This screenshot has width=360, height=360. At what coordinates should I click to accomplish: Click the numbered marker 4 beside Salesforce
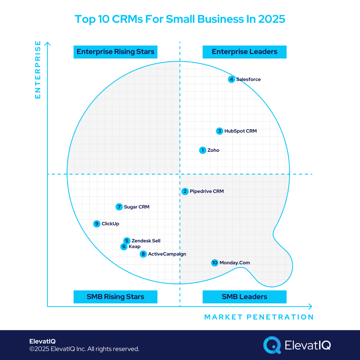[231, 79]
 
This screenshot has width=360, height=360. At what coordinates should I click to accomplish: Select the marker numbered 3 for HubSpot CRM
[220, 131]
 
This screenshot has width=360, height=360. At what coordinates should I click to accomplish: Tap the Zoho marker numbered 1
[203, 150]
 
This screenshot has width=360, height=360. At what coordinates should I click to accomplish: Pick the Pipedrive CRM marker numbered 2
[185, 191]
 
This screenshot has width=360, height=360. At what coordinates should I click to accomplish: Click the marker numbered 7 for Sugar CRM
[119, 207]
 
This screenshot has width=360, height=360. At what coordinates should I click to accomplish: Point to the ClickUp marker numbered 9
[97, 224]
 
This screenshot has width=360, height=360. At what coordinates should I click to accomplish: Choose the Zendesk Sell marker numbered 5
[127, 241]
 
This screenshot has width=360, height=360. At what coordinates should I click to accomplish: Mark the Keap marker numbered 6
[124, 247]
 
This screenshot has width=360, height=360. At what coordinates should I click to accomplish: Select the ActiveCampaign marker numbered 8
[143, 254]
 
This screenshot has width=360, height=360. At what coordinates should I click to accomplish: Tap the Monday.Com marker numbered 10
[214, 263]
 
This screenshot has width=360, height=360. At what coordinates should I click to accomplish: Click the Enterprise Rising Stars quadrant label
[115, 52]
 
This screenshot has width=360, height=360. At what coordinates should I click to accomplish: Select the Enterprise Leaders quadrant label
[244, 52]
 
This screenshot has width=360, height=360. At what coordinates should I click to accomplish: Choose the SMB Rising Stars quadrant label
[115, 297]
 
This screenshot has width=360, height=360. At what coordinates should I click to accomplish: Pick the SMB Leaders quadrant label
[244, 297]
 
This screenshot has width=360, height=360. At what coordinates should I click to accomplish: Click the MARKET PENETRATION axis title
[259, 317]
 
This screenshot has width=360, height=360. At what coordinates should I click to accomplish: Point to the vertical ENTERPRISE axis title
[38, 70]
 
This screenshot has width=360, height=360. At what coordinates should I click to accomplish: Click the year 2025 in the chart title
[271, 19]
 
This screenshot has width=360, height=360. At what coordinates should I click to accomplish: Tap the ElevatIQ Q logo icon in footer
[272, 345]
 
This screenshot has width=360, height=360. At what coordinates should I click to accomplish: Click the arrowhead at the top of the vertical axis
[47, 44]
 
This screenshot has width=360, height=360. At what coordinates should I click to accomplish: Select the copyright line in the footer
[84, 349]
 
